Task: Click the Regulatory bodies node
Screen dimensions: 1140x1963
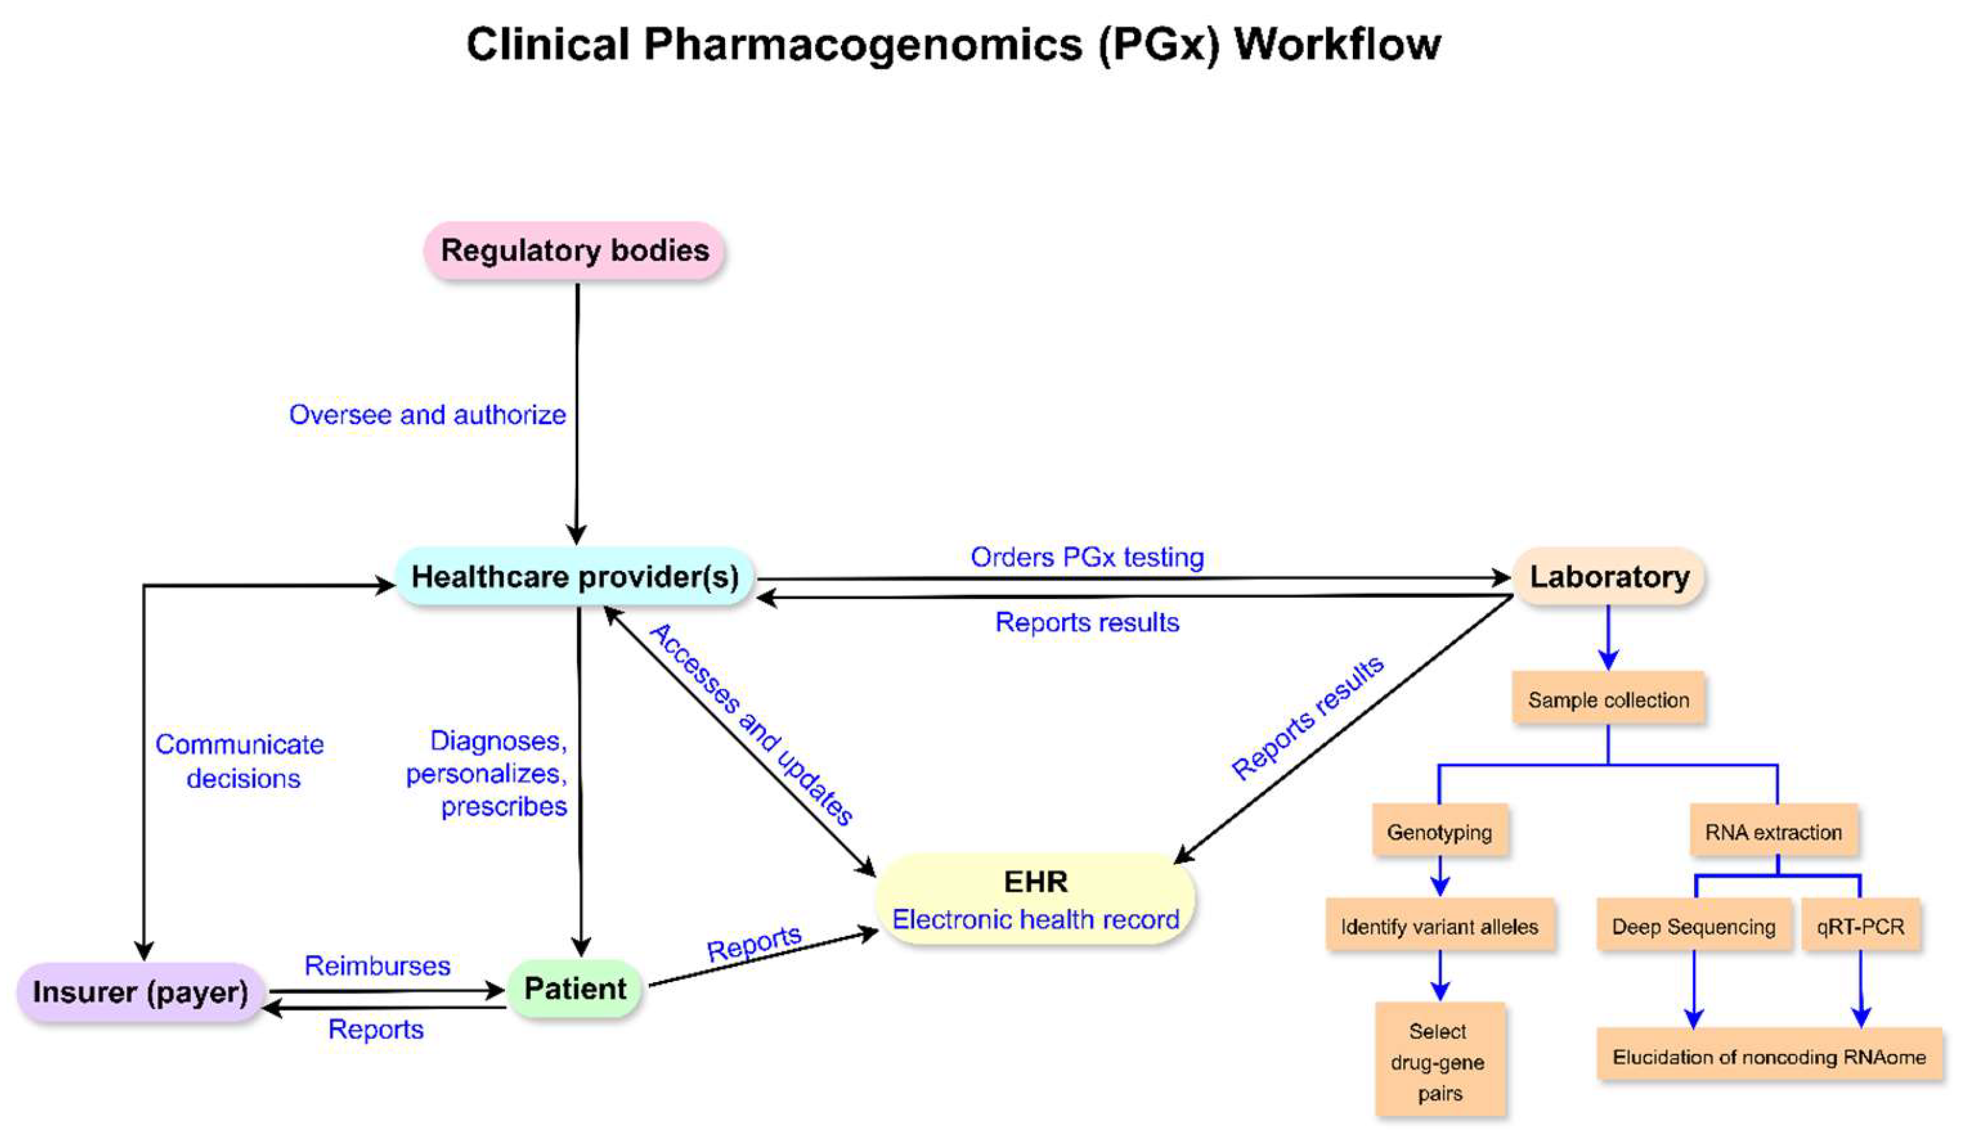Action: [x=574, y=251]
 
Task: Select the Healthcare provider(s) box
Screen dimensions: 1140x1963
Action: [x=574, y=577]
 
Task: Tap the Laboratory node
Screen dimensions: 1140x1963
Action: [x=1609, y=577]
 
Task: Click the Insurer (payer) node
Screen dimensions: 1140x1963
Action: [x=140, y=992]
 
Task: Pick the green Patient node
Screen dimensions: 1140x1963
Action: [x=574, y=989]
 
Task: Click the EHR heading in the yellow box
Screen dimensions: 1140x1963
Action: [x=1035, y=882]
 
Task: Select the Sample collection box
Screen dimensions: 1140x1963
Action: [x=1608, y=699]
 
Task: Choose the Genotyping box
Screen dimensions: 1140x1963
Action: [x=1439, y=832]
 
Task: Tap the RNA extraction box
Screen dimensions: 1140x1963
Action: [x=1773, y=832]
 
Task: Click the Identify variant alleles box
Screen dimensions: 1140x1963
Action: [x=1439, y=927]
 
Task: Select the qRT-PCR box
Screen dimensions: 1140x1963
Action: [x=1860, y=927]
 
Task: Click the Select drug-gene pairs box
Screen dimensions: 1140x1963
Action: [x=1439, y=1061]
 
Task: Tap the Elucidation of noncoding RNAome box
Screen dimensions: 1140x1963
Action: [x=1768, y=1057]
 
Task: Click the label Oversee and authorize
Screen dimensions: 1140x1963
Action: [x=427, y=415]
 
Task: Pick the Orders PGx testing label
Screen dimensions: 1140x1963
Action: [x=1087, y=557]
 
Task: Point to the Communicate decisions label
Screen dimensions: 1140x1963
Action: [x=240, y=761]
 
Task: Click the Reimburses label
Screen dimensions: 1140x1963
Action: [x=377, y=966]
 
